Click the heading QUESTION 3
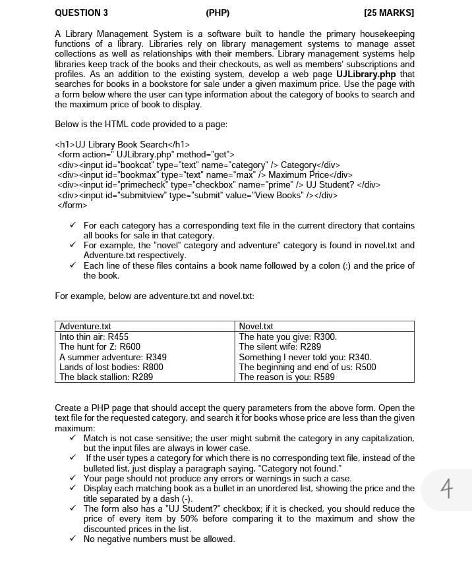81,13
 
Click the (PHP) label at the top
218,13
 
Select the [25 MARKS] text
389,13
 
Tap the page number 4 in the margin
446,489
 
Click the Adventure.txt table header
85,327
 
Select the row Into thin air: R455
94,337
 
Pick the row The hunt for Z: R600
100,346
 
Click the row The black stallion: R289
105,377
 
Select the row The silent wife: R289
280,346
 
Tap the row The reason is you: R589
286,377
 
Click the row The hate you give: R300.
287,337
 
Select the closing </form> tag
72,205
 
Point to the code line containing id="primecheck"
218,184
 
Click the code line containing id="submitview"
197,195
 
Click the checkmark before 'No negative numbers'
74,539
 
